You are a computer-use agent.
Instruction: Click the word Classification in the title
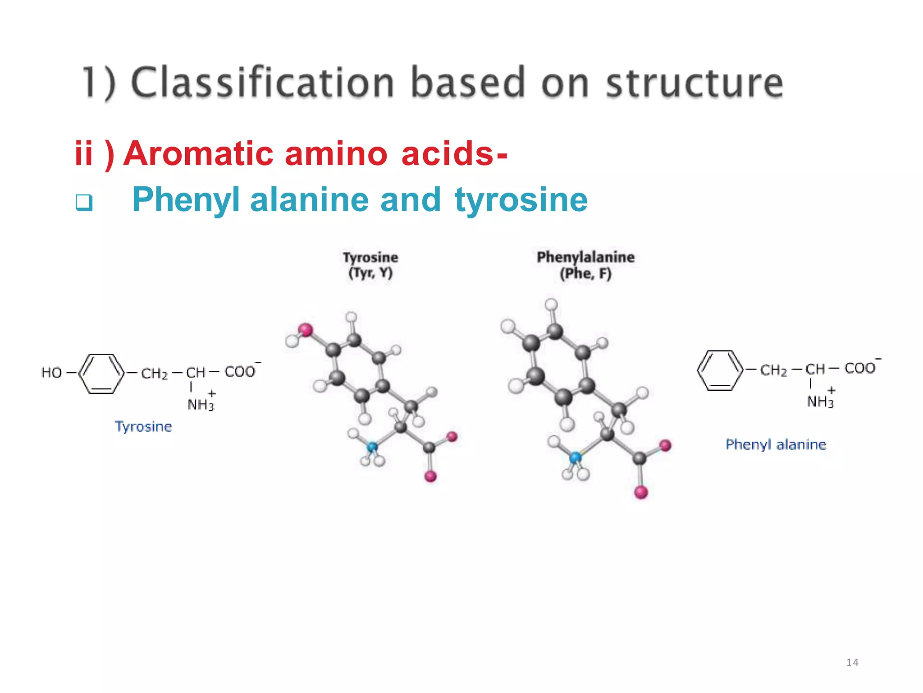pos(262,82)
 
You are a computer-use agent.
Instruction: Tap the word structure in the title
pos(695,83)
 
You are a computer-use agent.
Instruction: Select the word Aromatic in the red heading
pos(198,153)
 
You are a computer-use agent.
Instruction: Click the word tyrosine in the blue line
pos(521,199)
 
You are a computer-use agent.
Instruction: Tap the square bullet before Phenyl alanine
pos(84,202)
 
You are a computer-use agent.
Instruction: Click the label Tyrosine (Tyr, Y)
pos(370,265)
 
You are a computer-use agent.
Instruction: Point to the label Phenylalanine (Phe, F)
pos(585,265)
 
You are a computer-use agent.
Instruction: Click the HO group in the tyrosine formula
pos(51,373)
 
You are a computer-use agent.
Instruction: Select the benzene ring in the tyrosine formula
pos(101,374)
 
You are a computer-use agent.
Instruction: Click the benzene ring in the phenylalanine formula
pos(719,370)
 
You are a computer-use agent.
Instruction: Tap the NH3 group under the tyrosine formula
pos(201,404)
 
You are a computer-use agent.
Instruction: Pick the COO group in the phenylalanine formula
pos(860,368)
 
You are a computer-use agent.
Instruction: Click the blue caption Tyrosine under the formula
pos(143,426)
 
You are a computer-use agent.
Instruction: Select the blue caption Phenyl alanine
pos(776,444)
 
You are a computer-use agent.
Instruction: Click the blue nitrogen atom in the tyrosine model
pos(372,447)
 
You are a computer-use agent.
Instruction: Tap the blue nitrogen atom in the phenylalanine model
pos(576,457)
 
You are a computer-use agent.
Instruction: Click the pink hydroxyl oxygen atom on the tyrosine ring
pos(306,330)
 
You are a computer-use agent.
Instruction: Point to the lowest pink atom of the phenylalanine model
pos(641,492)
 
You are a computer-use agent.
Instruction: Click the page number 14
pos(852,662)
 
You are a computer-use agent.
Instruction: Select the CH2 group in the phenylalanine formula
pos(773,370)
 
